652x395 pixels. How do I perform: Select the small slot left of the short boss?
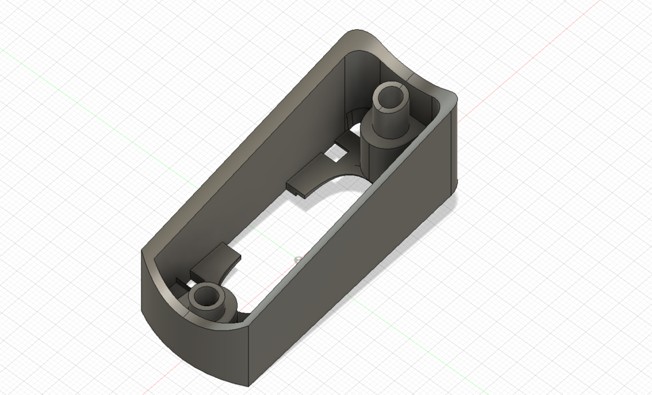point(178,280)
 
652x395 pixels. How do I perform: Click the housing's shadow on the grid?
point(435,224)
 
